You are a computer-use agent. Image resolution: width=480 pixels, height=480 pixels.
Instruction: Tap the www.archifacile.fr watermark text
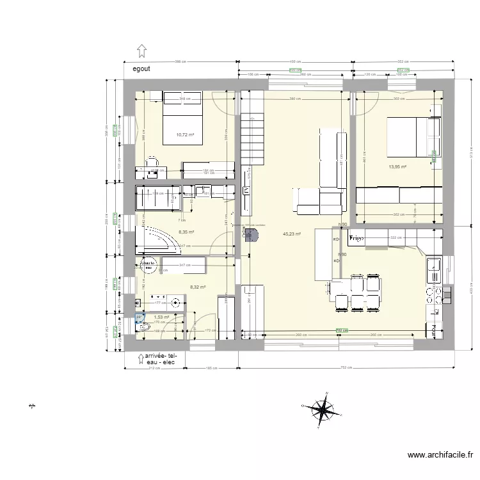pos(440,456)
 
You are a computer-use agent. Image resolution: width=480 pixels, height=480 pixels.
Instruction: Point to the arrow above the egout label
pos(142,51)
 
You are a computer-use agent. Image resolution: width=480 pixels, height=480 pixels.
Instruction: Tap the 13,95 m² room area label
pos(398,166)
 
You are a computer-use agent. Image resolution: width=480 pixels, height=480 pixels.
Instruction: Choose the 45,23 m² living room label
pos(292,234)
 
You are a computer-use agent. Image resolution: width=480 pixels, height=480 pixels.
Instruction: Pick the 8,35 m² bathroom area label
pos(186,232)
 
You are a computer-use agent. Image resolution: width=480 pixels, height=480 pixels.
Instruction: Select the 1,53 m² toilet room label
pos(161,317)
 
